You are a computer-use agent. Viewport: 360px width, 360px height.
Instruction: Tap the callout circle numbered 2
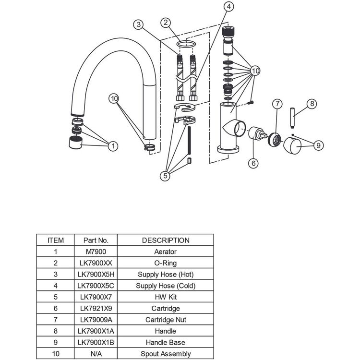click(166, 22)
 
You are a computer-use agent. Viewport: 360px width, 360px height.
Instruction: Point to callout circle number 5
click(165, 176)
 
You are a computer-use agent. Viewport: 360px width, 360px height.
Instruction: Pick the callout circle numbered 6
click(253, 163)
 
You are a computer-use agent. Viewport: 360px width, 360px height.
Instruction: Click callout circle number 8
click(312, 103)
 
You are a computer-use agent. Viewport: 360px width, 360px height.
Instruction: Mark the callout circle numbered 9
click(316, 143)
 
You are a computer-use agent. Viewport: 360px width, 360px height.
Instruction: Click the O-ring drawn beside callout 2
click(186, 44)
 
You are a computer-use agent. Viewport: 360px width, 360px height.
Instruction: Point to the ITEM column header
click(56, 240)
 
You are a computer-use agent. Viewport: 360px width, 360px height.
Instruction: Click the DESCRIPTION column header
click(166, 240)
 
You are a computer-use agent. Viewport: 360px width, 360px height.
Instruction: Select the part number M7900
click(96, 252)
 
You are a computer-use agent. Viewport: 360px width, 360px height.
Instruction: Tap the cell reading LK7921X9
click(96, 308)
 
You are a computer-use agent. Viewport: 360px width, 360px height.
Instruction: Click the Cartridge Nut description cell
click(166, 320)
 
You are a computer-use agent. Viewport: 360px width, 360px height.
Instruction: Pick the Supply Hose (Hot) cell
click(166, 274)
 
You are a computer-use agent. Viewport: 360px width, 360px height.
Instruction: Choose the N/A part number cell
click(96, 354)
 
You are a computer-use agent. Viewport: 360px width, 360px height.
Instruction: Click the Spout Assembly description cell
click(166, 354)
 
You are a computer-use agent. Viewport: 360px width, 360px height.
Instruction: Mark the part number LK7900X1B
click(96, 342)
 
